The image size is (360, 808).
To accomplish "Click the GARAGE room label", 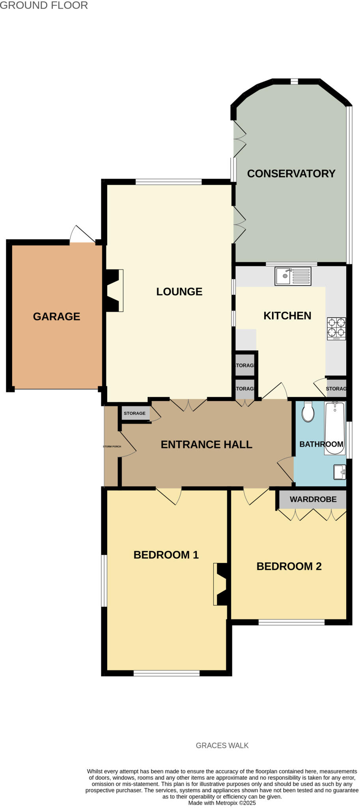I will pyautogui.click(x=56, y=316).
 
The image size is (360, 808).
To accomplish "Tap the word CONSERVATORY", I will pyautogui.click(x=291, y=174).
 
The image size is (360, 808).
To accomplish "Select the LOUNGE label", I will pyautogui.click(x=179, y=292).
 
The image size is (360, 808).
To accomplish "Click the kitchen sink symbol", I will pyautogui.click(x=293, y=276).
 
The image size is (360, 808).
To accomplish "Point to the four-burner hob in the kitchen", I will pyautogui.click(x=336, y=329).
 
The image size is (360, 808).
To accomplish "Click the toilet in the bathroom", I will pyautogui.click(x=308, y=412).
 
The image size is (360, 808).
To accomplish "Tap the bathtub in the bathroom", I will pyautogui.click(x=335, y=428).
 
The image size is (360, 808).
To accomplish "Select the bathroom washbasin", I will pyautogui.click(x=339, y=472).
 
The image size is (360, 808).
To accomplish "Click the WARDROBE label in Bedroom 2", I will pyautogui.click(x=313, y=499).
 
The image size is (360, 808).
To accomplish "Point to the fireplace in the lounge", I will pyautogui.click(x=114, y=290).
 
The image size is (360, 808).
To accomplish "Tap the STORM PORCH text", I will pyautogui.click(x=112, y=447).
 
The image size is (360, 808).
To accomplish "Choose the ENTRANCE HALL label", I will pyautogui.click(x=206, y=445).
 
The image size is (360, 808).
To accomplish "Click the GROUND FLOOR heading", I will pyautogui.click(x=44, y=6).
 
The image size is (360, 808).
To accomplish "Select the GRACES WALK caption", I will pyautogui.click(x=222, y=746).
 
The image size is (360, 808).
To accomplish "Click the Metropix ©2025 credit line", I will pyautogui.click(x=222, y=803).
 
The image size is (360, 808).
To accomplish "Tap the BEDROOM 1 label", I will pyautogui.click(x=166, y=555).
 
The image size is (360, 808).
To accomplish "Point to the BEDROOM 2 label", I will pyautogui.click(x=289, y=567).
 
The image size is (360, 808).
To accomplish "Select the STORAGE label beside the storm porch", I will pyautogui.click(x=134, y=413).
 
